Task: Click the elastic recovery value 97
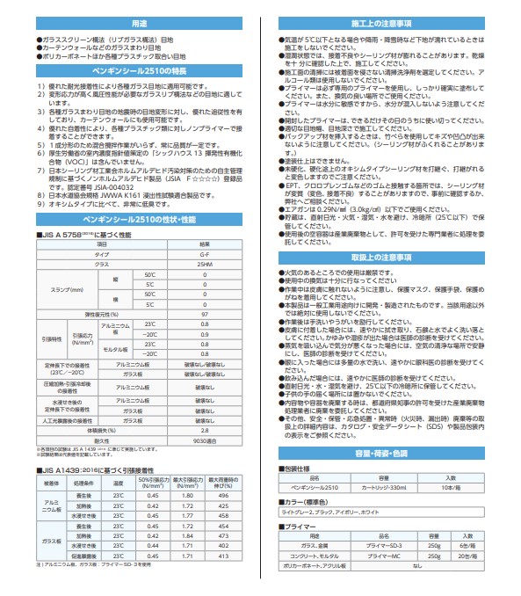(204, 312)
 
